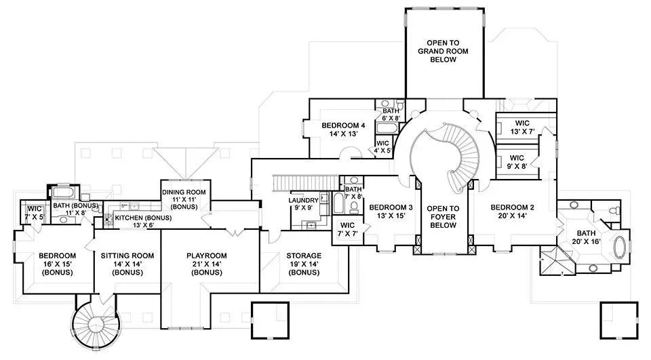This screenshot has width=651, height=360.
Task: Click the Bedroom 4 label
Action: (x=343, y=129)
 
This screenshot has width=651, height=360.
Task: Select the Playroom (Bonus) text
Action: (x=206, y=263)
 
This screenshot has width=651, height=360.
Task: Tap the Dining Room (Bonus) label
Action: (x=185, y=198)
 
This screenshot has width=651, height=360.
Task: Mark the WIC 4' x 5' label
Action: (x=382, y=147)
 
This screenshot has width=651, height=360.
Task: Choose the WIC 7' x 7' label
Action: (x=347, y=229)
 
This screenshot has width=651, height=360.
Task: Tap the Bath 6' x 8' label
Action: (x=391, y=114)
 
